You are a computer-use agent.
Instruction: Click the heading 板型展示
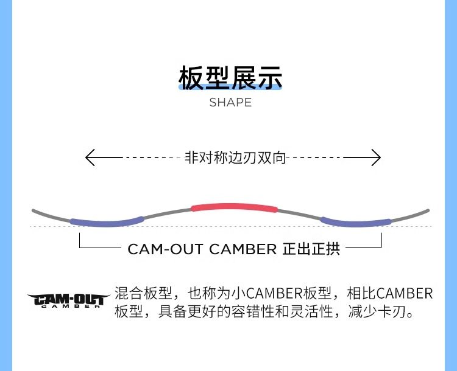(x=230, y=78)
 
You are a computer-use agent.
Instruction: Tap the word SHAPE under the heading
(x=230, y=103)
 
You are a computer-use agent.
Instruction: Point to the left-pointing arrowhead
(x=90, y=158)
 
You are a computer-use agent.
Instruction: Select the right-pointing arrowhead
(x=376, y=158)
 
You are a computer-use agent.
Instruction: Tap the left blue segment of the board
(x=107, y=221)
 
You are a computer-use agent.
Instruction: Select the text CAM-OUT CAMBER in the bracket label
(x=202, y=249)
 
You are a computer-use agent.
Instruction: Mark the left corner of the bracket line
(x=80, y=248)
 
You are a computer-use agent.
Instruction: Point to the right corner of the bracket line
(x=381, y=248)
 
